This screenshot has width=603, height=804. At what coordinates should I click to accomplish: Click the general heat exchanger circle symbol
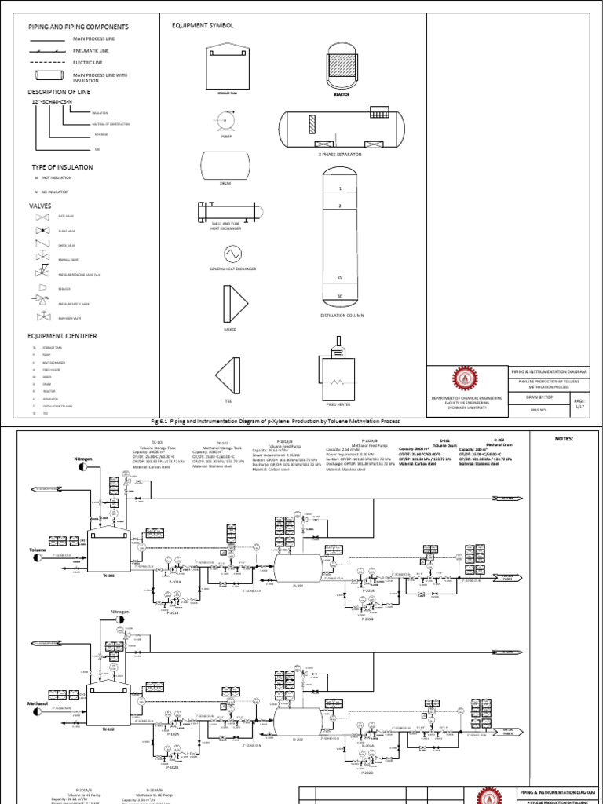click(x=232, y=253)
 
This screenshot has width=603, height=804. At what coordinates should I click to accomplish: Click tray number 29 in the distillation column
click(x=340, y=278)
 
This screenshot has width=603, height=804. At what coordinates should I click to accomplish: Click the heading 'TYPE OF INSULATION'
click(x=62, y=167)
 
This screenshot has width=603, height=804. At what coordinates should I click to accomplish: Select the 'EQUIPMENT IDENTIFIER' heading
click(x=63, y=335)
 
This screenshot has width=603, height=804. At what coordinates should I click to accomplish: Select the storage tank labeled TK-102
click(x=107, y=708)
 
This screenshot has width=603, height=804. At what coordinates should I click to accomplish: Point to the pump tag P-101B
click(x=174, y=614)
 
